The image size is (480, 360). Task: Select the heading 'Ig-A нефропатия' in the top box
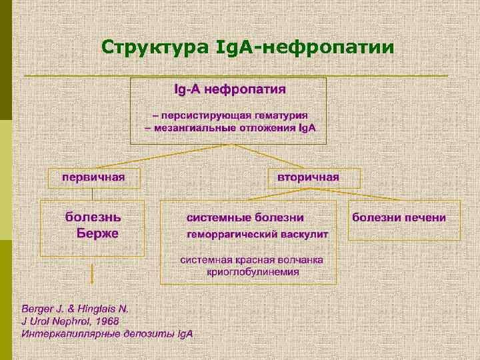tap(229, 89)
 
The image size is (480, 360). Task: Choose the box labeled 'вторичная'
tap(313, 177)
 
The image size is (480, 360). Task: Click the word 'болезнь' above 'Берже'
tap(93, 217)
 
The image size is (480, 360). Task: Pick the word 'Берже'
tap(97, 233)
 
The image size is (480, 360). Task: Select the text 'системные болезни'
tap(245, 218)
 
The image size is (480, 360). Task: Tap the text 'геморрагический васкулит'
tap(257, 235)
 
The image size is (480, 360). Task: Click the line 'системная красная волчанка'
tap(252, 259)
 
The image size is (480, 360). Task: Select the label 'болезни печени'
tap(399, 218)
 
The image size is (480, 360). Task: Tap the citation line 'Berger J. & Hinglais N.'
tap(75, 309)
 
